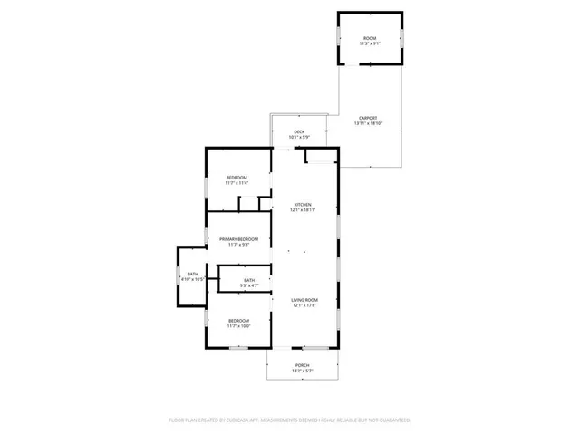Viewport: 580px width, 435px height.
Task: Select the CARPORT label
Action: pyautogui.click(x=367, y=118)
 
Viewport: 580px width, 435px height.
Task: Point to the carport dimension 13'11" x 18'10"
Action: pyautogui.click(x=367, y=124)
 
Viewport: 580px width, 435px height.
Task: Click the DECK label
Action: pyautogui.click(x=299, y=131)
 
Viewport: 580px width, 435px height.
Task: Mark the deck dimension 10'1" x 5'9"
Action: pyautogui.click(x=299, y=138)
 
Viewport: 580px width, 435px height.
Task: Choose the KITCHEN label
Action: pyautogui.click(x=303, y=204)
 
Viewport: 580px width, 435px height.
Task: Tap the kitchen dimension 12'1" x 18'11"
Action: pyautogui.click(x=303, y=210)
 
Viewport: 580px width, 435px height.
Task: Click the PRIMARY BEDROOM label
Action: pyautogui.click(x=239, y=238)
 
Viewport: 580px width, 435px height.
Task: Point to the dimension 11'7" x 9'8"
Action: pyautogui.click(x=239, y=245)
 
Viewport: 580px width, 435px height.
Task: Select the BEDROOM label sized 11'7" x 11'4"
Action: pyautogui.click(x=237, y=177)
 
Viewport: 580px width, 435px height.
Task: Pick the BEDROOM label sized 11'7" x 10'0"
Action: pyautogui.click(x=238, y=320)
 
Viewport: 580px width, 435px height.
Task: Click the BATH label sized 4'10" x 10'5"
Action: pyautogui.click(x=192, y=274)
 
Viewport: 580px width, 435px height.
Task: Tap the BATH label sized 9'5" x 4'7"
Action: pyautogui.click(x=249, y=280)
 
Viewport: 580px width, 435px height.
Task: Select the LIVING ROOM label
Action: pyautogui.click(x=304, y=300)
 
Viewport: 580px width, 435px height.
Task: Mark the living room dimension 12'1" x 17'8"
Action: pyautogui.click(x=304, y=306)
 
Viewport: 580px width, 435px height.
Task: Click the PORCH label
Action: pyautogui.click(x=302, y=365)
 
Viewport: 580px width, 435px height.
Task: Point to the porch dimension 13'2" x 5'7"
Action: pyautogui.click(x=302, y=372)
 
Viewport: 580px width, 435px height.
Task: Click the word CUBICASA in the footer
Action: pyautogui.click(x=239, y=420)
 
